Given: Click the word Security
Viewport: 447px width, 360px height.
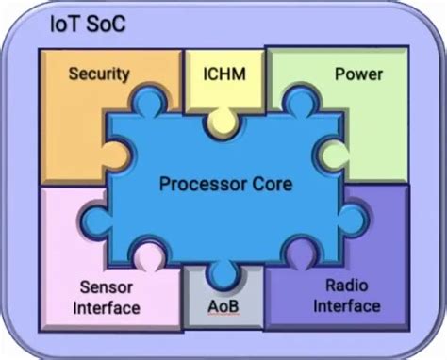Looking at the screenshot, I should pyautogui.click(x=99, y=73).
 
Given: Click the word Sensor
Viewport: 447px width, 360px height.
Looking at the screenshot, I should pyautogui.click(x=105, y=286).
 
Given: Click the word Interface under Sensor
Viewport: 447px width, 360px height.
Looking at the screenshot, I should pyautogui.click(x=107, y=307).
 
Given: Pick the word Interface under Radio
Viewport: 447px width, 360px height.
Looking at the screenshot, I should pyautogui.click(x=347, y=307).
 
